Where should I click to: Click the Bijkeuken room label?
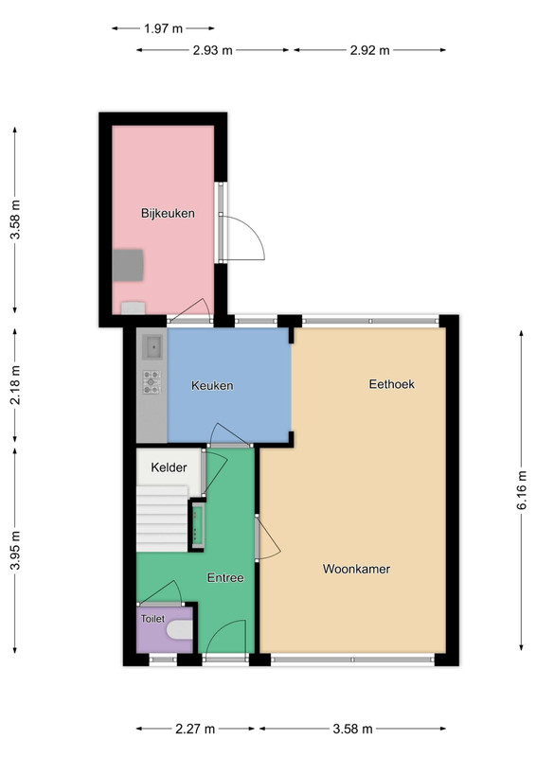pyautogui.click(x=168, y=214)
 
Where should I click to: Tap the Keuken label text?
pyautogui.click(x=212, y=386)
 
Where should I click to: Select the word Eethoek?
pyautogui.click(x=391, y=384)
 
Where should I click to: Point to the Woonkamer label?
pyautogui.click(x=356, y=570)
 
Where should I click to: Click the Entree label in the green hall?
pyautogui.click(x=225, y=578)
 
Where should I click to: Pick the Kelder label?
pyautogui.click(x=169, y=467)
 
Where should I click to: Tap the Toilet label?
pyautogui.click(x=152, y=619)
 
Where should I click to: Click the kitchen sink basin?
pyautogui.click(x=153, y=347)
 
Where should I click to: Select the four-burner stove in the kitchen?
pyautogui.click(x=152, y=382)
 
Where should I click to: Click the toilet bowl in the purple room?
pyautogui.click(x=180, y=629)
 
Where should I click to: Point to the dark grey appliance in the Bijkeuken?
pyautogui.click(x=128, y=265)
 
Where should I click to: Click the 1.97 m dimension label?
pyautogui.click(x=164, y=28)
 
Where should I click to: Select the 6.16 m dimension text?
pyautogui.click(x=522, y=490)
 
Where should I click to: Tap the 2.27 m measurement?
pyautogui.click(x=195, y=729)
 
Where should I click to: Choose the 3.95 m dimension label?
pyautogui.click(x=15, y=551)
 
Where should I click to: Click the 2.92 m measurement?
pyautogui.click(x=369, y=50)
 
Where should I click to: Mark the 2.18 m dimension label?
pyautogui.click(x=15, y=385)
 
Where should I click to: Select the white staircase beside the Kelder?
pyautogui.click(x=162, y=519)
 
